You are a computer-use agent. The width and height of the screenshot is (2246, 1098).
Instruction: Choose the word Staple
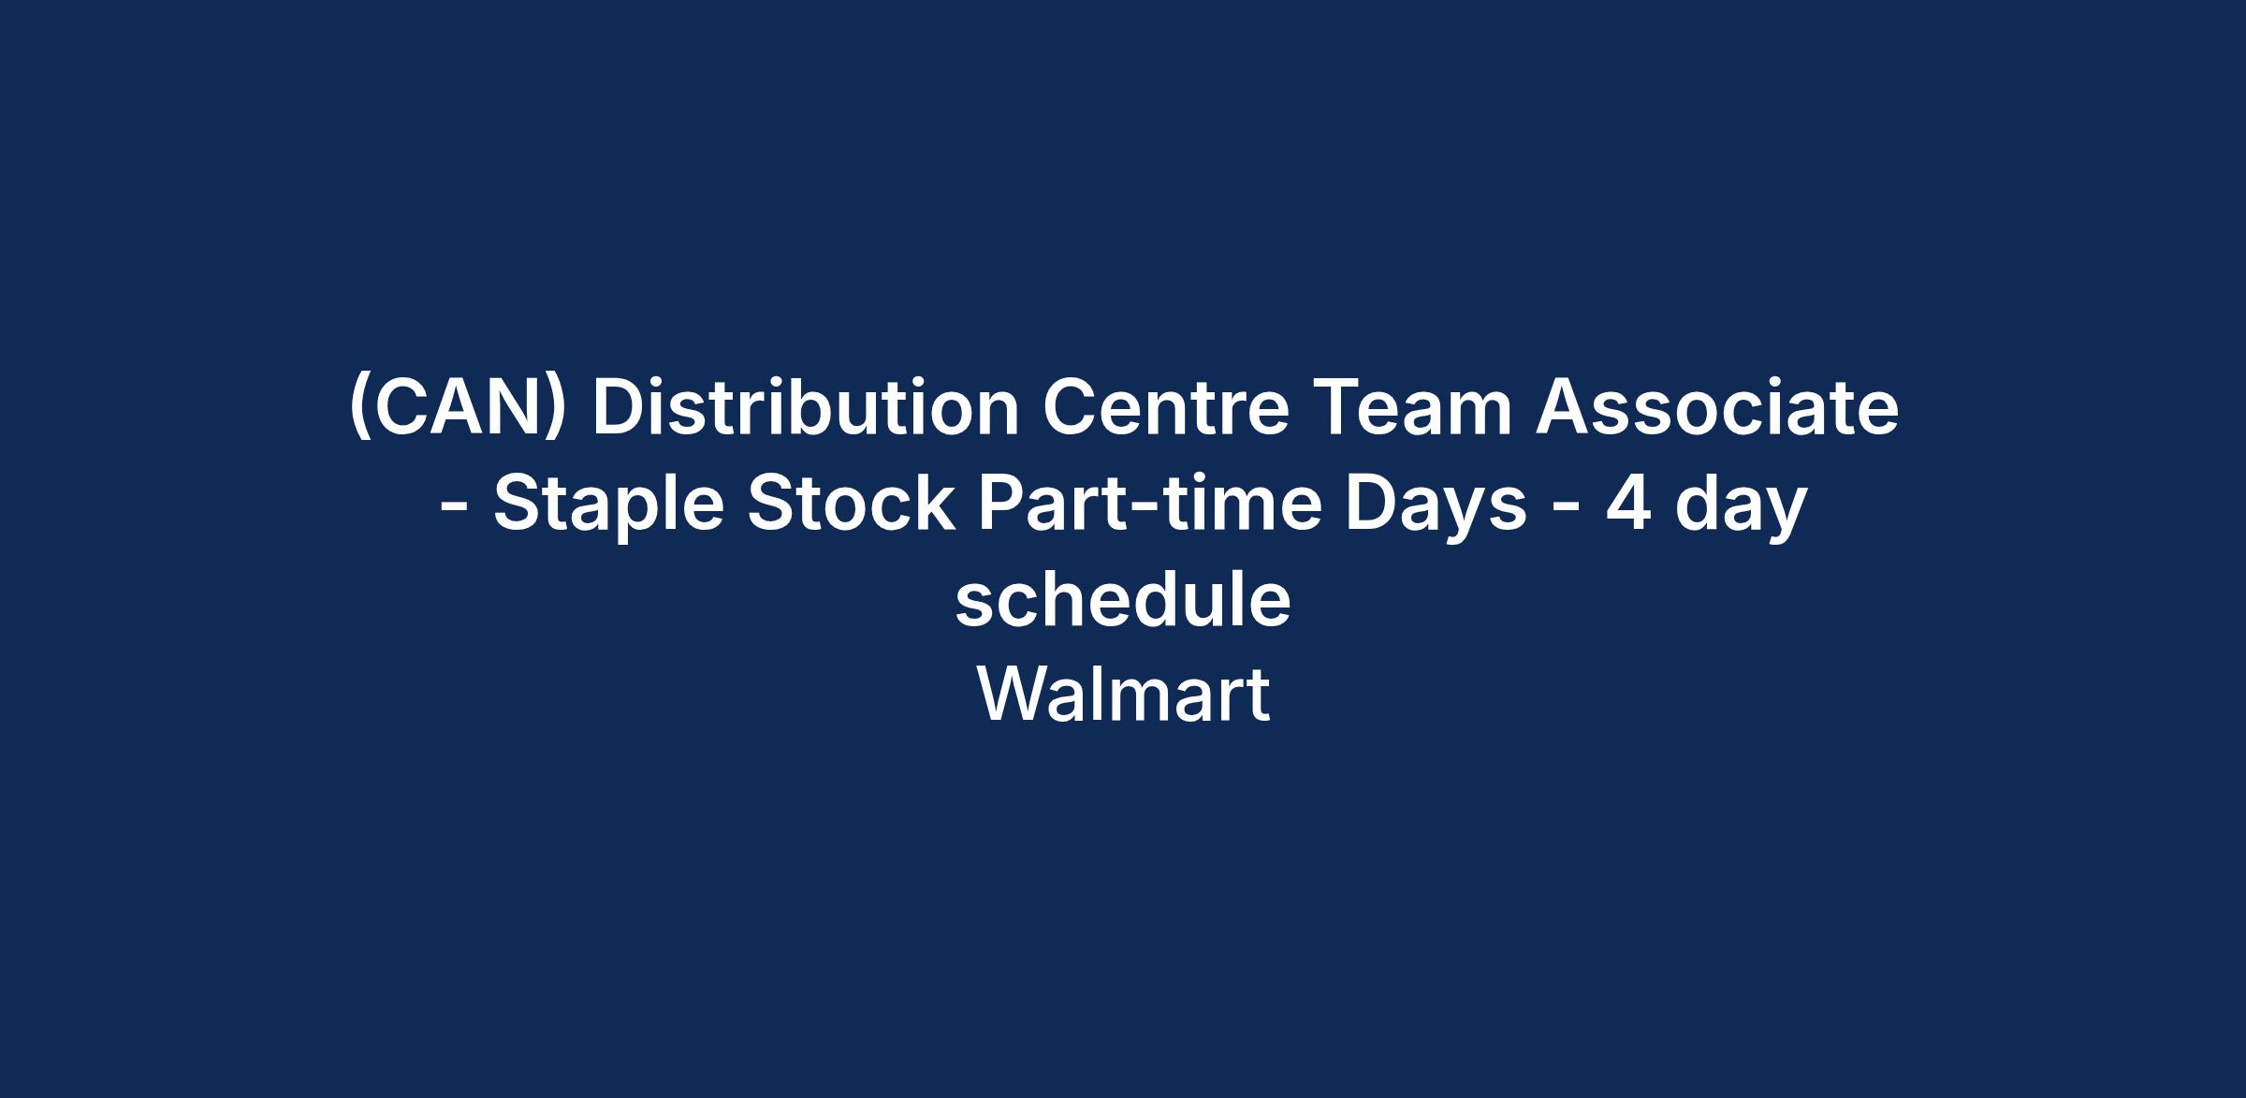(x=608, y=505)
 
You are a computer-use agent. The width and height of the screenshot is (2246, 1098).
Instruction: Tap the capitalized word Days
(x=1437, y=505)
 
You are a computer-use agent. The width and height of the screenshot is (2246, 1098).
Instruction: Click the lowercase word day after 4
(x=1741, y=505)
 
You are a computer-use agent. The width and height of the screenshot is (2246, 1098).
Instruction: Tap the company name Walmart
(x=1123, y=694)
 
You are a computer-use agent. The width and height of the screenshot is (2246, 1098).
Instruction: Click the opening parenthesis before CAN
(x=357, y=411)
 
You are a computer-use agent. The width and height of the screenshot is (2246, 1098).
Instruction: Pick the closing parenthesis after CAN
(x=557, y=411)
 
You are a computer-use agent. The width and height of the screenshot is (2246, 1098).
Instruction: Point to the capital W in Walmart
(x=1018, y=694)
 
